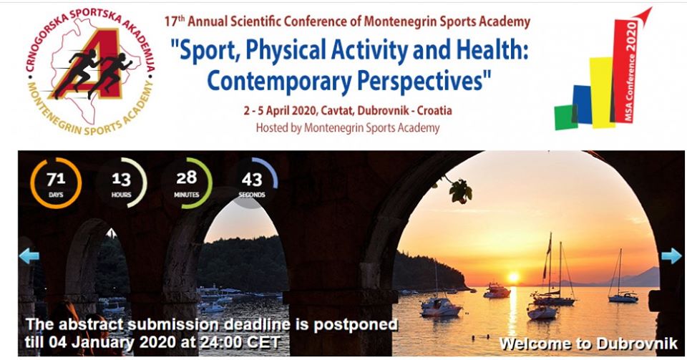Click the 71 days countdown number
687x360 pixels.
point(56,179)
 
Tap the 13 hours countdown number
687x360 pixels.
point(122,179)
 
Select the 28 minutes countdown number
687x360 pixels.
point(187,177)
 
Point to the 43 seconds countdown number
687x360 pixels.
point(252,179)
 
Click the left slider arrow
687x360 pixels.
point(29,256)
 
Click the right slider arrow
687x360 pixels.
point(671,256)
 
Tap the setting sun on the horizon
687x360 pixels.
point(513,277)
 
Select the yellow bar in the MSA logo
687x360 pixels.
point(602,92)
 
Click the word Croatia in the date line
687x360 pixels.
point(434,110)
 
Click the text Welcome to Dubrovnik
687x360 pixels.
point(588,344)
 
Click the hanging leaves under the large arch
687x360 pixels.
point(459,190)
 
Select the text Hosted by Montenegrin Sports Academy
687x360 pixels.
point(348,128)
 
